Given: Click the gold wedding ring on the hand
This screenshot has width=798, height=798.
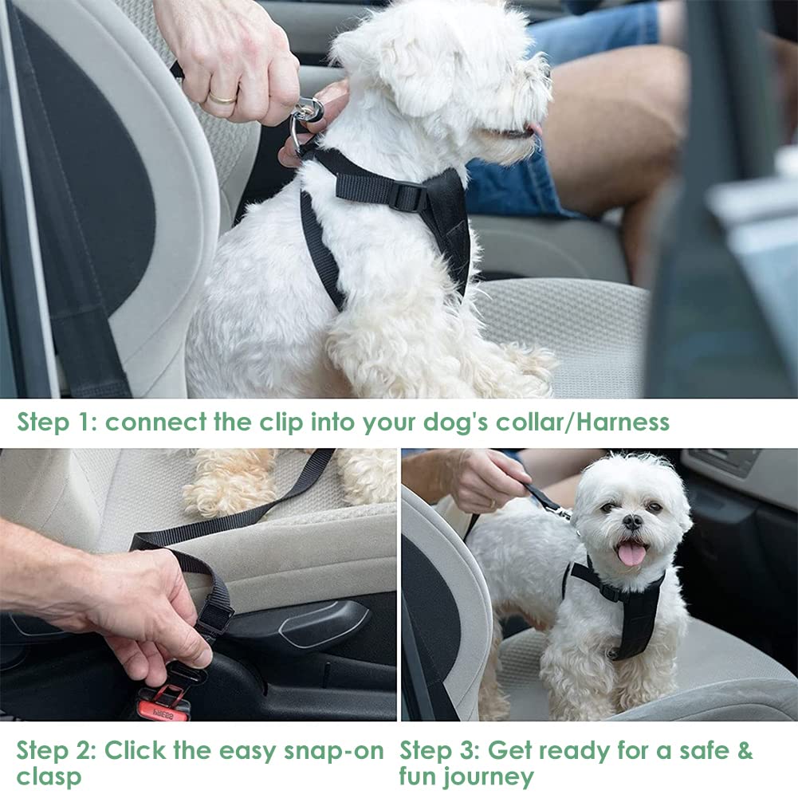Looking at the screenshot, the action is pos(223,98).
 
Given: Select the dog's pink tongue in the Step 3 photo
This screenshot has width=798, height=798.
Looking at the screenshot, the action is pos(631,553).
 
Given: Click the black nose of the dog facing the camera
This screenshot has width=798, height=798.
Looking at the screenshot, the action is pos(633,521).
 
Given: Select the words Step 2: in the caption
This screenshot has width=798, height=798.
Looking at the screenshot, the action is pos(56,752).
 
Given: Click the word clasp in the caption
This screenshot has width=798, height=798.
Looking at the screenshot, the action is pos(49,777).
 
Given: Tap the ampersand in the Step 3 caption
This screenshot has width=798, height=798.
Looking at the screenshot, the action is pos(745,750).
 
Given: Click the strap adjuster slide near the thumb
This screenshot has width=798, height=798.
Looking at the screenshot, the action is pos(214,618).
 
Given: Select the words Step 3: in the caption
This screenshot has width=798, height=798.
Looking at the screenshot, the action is pos(440,751).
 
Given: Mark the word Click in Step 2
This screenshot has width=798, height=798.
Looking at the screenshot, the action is pos(135,750).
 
